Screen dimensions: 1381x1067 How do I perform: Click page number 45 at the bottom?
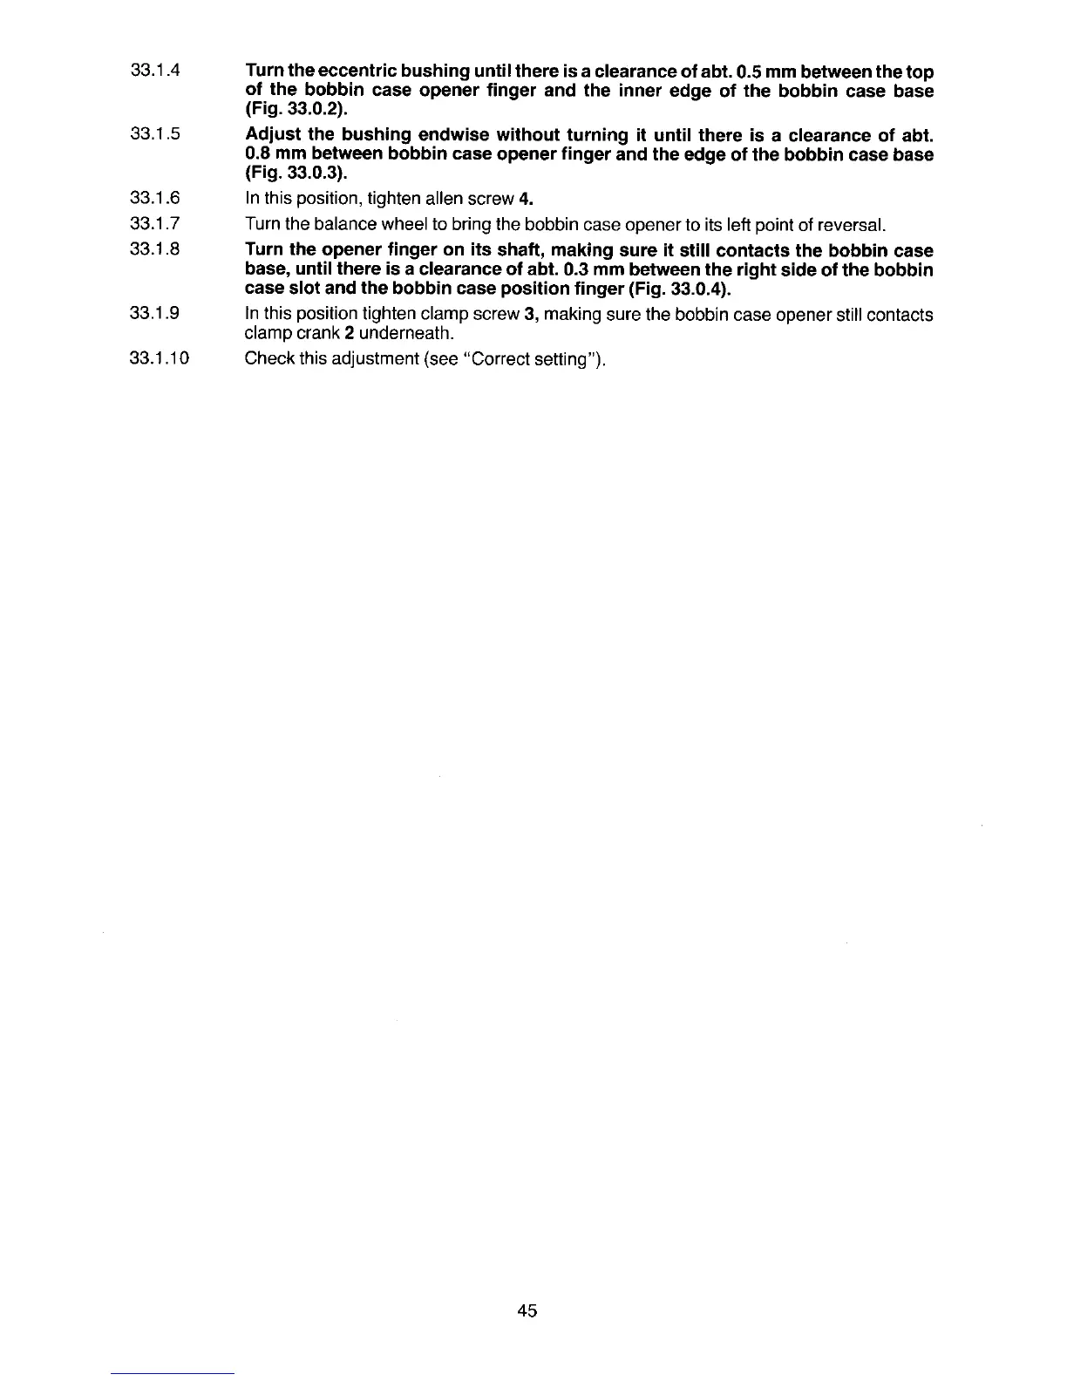527,1310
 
